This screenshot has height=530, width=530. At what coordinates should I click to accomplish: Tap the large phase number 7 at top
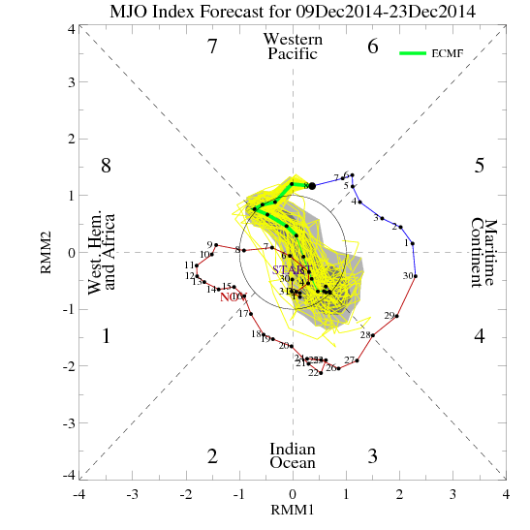[212, 47]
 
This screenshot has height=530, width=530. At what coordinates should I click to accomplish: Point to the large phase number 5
[479, 166]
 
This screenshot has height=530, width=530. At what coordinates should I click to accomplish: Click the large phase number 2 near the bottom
[212, 456]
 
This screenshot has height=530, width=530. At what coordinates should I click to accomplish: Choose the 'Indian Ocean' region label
[292, 456]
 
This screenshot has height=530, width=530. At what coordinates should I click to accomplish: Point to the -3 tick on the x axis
[132, 493]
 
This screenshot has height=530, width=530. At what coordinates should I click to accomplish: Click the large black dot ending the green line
[312, 185]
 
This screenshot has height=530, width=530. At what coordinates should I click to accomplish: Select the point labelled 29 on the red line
[397, 316]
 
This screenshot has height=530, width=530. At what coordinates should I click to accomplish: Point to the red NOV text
[232, 297]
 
